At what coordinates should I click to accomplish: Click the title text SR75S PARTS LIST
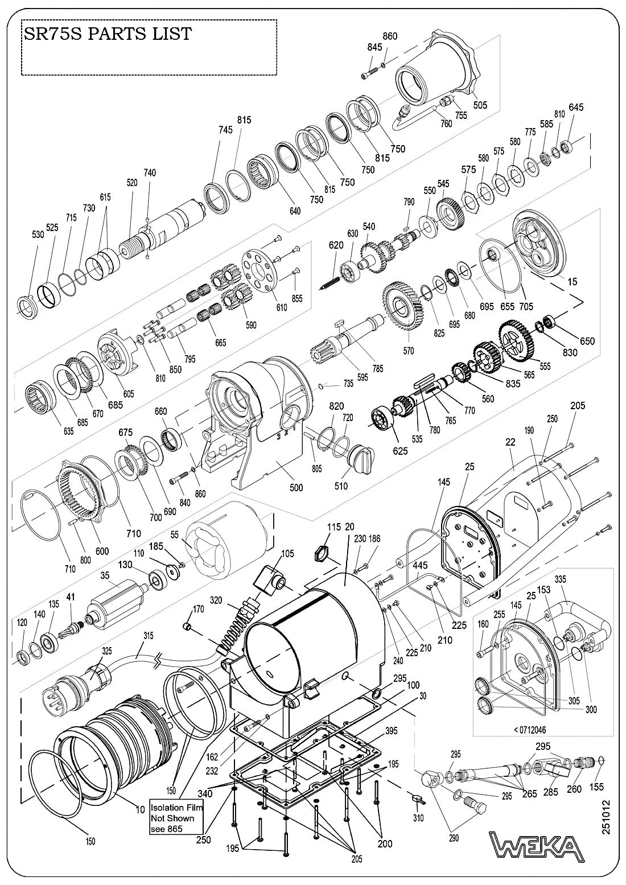[107, 34]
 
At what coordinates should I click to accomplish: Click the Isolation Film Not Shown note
[176, 818]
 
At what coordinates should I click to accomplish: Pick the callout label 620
[336, 245]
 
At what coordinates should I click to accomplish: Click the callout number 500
[296, 488]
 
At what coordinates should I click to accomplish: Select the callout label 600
[101, 551]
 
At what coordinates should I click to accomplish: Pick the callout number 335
[561, 579]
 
